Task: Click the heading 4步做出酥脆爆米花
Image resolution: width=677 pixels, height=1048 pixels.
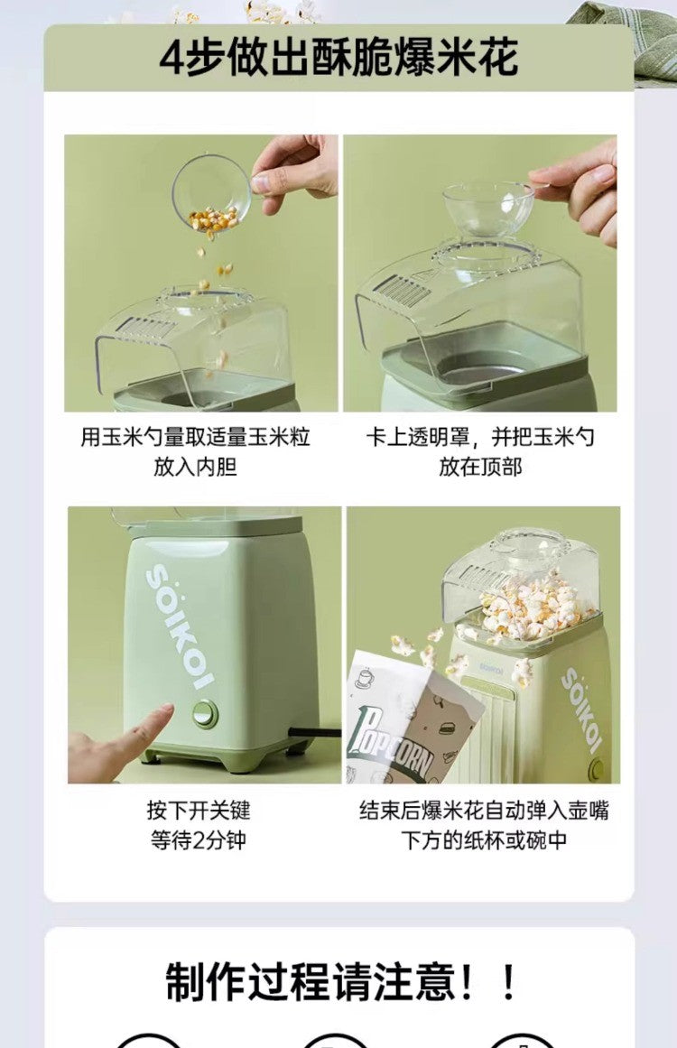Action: pos(338,58)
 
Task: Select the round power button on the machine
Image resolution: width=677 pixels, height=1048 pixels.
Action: pos(205,713)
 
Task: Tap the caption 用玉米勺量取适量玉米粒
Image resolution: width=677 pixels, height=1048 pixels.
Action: pos(195,438)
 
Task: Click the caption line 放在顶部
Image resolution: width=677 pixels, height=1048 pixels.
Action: pos(479,467)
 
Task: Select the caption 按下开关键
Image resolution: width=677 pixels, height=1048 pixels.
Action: pos(198,810)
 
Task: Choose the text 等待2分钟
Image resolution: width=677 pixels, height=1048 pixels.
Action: pos(198,839)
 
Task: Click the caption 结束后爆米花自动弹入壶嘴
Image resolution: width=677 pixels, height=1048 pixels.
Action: pos(484,810)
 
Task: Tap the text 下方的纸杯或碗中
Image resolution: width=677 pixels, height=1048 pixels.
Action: pos(484,839)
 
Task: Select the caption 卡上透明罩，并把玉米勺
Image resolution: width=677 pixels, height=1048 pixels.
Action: pos(479,438)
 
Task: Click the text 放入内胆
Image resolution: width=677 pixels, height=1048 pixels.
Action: pos(195,467)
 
